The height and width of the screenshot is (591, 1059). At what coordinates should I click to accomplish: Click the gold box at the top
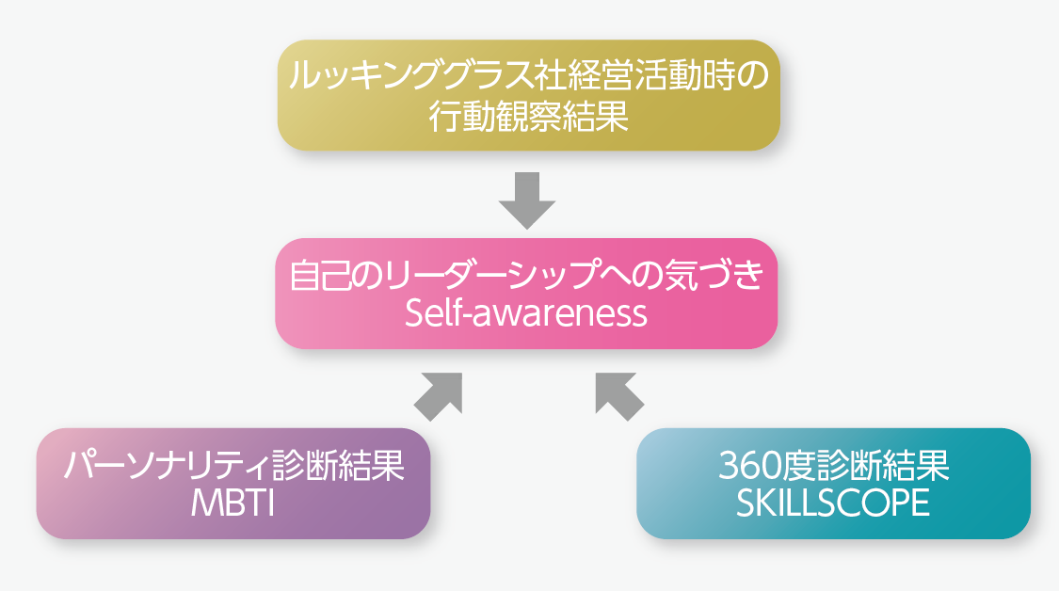(x=529, y=95)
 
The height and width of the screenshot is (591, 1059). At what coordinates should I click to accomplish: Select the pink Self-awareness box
(x=526, y=294)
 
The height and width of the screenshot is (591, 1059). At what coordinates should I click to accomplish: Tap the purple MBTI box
(x=233, y=484)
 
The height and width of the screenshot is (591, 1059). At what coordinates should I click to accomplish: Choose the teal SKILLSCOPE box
(x=833, y=484)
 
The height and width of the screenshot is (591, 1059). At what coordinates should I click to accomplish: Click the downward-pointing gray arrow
(x=527, y=200)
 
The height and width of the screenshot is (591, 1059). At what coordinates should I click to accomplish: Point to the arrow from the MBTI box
(x=439, y=396)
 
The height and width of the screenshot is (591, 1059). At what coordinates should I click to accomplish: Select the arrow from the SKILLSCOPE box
(x=619, y=396)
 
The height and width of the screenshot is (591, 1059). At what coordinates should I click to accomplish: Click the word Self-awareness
(x=526, y=314)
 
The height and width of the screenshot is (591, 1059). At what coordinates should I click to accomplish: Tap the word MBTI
(x=233, y=503)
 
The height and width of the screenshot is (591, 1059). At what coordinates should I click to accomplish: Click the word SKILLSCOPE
(x=833, y=503)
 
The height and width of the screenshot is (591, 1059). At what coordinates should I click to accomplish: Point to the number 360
(x=747, y=466)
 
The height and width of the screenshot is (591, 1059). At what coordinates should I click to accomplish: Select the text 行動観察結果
(x=529, y=116)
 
